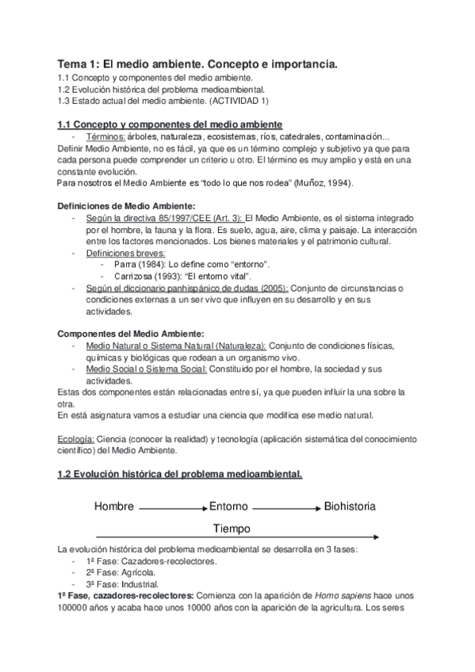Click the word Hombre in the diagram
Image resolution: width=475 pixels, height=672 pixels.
tap(114, 506)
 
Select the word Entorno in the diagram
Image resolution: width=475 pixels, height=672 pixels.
tap(229, 506)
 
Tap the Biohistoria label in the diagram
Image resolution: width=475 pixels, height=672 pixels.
tap(350, 506)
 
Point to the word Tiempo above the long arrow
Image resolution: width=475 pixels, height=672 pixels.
tap(232, 528)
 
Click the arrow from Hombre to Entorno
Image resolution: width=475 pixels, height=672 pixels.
tap(173, 506)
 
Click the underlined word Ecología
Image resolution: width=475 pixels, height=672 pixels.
tap(76, 438)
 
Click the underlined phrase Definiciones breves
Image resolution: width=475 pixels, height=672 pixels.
tap(121, 252)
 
